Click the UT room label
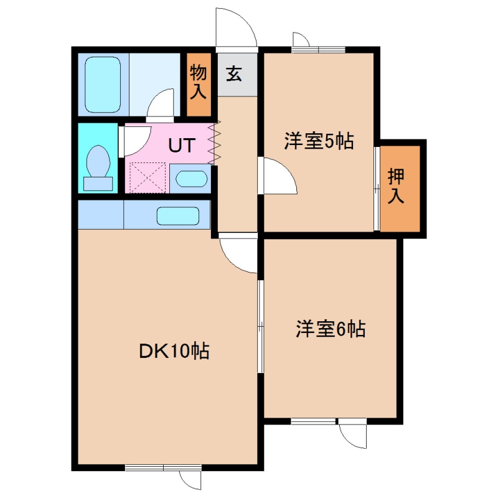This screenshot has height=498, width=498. click(181, 146)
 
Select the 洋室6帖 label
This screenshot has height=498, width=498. click(331, 329)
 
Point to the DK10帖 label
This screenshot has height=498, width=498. click(174, 351)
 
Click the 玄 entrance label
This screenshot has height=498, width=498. click(234, 73)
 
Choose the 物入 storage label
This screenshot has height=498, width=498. click(199, 82)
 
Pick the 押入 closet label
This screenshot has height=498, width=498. click(396, 186)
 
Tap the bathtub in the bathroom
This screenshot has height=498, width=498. click(103, 85)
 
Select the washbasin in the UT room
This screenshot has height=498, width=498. click(191, 179)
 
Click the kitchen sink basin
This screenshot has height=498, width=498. click(178, 216)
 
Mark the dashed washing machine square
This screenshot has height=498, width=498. click(148, 177)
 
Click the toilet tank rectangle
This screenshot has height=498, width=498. click(98, 184)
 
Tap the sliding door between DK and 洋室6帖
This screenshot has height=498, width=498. click(260, 326)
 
